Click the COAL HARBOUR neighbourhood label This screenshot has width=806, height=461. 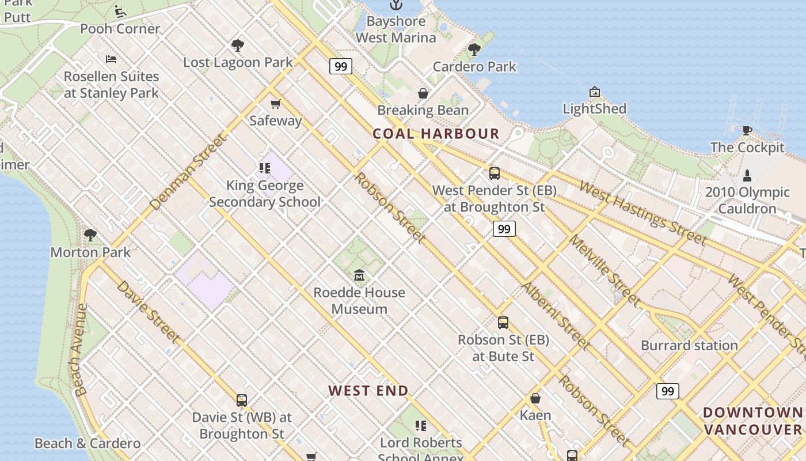coord(436,134)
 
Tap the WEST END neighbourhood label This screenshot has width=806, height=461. coord(368,391)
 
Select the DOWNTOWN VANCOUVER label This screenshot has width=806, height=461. coord(752,421)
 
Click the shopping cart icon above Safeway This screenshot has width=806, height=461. coord(276,104)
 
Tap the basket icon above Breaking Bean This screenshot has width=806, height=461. coord(423,93)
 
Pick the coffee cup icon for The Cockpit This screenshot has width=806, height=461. coord(747,130)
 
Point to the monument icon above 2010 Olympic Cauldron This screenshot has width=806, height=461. coord(747,175)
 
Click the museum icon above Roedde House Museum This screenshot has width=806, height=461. coord(360,275)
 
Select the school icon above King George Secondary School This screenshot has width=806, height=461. coord(265,168)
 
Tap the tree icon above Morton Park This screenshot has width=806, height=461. coord(90,235)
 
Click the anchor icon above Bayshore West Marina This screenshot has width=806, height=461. coord(396,5)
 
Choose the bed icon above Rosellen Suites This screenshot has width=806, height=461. coord(111,59)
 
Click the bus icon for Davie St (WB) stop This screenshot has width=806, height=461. coord(242,400)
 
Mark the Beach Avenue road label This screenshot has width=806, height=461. coord(80,350)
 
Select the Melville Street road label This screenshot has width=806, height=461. coord(604,270)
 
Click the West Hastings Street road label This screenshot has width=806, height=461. coord(642,213)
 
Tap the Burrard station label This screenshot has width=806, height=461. coord(689,346)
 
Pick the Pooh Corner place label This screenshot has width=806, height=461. coord(120,29)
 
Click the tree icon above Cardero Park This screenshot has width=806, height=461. coord(474,50)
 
